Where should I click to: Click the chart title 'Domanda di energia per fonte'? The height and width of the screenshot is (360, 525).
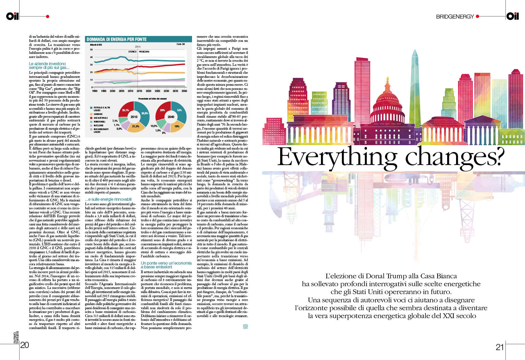point(117,39)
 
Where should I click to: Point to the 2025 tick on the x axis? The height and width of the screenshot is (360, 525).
point(157,91)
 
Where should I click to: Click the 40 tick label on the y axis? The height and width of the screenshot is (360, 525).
point(91,57)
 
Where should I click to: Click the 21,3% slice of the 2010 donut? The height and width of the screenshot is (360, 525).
point(136,126)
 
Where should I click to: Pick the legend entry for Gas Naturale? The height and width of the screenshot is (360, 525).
point(100,118)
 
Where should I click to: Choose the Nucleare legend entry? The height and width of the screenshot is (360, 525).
point(98,125)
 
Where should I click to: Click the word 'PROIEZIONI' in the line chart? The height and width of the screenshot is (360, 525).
point(144,52)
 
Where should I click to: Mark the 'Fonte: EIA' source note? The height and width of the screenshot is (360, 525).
point(180,44)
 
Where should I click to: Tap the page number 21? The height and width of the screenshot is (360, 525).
point(500,347)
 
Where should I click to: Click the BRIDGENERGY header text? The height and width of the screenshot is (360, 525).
point(455,16)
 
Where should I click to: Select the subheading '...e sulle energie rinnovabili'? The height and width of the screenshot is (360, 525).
point(108,199)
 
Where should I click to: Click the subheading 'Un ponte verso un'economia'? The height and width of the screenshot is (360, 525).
point(166,263)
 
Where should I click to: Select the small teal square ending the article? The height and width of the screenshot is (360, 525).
point(245,326)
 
